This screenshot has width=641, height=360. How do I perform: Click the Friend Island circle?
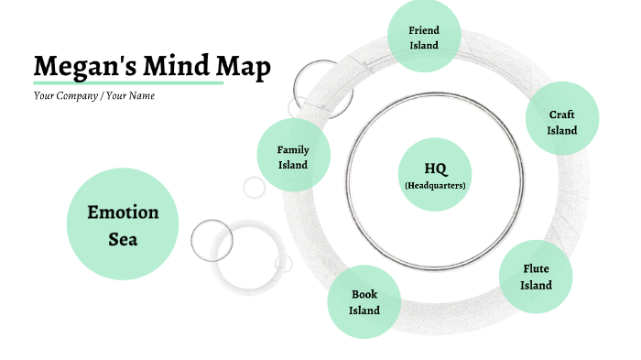coord(424,37)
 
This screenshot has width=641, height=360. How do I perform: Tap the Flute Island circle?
coord(536,277)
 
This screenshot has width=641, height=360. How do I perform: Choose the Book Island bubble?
coord(364,302)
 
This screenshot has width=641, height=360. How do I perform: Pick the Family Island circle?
coord(293,157)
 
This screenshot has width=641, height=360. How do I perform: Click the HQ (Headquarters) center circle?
coord(435,174)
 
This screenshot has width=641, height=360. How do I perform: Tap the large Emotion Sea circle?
coord(123,225)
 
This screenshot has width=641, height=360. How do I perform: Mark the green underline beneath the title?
coord(128,82)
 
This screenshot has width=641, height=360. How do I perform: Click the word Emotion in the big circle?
coord(123,213)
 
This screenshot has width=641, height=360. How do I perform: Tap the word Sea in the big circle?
coord(123,240)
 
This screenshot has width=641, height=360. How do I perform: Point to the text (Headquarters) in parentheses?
coord(435,185)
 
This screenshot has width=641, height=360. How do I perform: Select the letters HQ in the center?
coord(435,169)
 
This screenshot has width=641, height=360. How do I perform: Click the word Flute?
coord(536,268)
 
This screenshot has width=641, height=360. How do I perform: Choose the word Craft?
coord(562,115)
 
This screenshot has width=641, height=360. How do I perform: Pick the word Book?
coord(364,294)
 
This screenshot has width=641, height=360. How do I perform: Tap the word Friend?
coord(424,30)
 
